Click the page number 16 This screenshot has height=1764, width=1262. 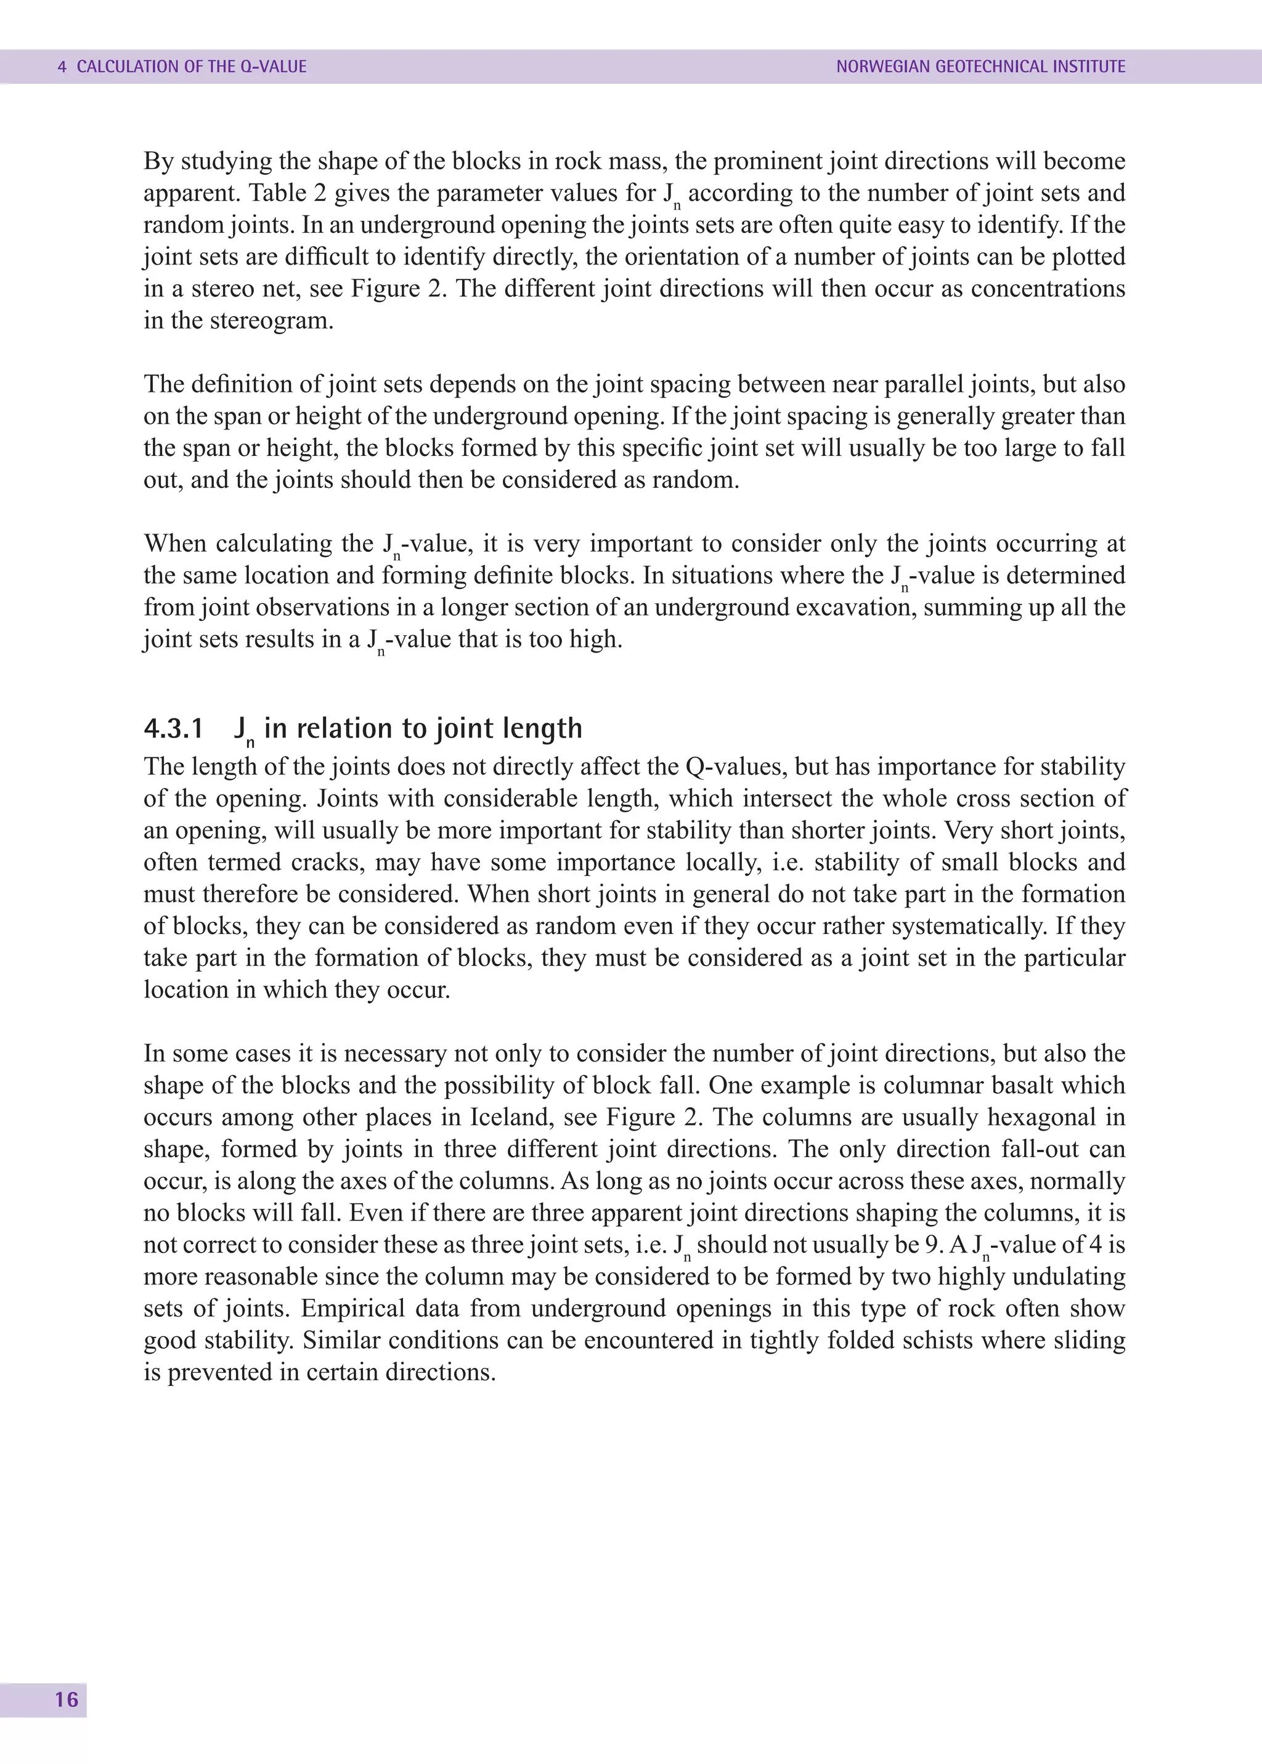(x=66, y=1699)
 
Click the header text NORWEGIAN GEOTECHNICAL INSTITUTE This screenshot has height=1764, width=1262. (x=980, y=67)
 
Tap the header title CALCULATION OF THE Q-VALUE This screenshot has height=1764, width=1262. (x=192, y=67)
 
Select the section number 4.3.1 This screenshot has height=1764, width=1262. (x=173, y=729)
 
